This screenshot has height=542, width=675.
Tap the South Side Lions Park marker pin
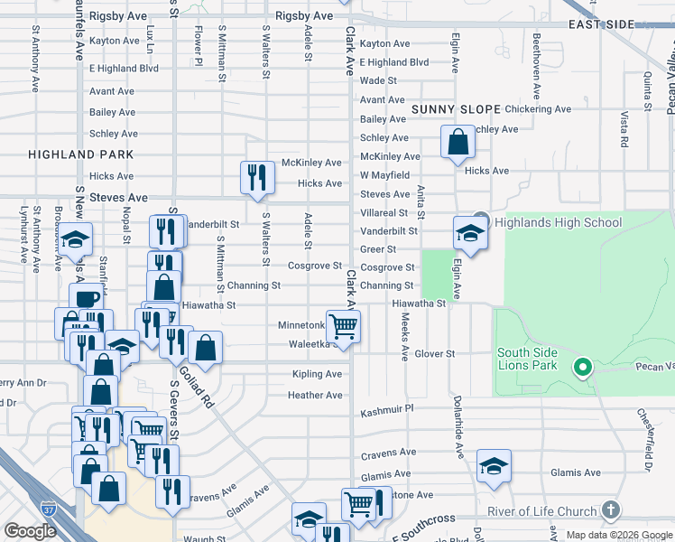pos(583,367)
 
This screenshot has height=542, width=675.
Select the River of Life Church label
pos(541,511)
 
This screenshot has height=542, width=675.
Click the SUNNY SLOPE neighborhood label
pos(456,109)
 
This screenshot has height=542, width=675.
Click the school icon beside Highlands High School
pos(470,233)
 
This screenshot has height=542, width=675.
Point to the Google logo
pos(30,531)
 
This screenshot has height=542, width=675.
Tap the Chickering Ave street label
pos(539,109)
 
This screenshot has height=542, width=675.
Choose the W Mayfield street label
pos(384,175)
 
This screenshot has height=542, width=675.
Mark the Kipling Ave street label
pos(317,374)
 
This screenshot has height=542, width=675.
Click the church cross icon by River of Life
pos(613,511)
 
